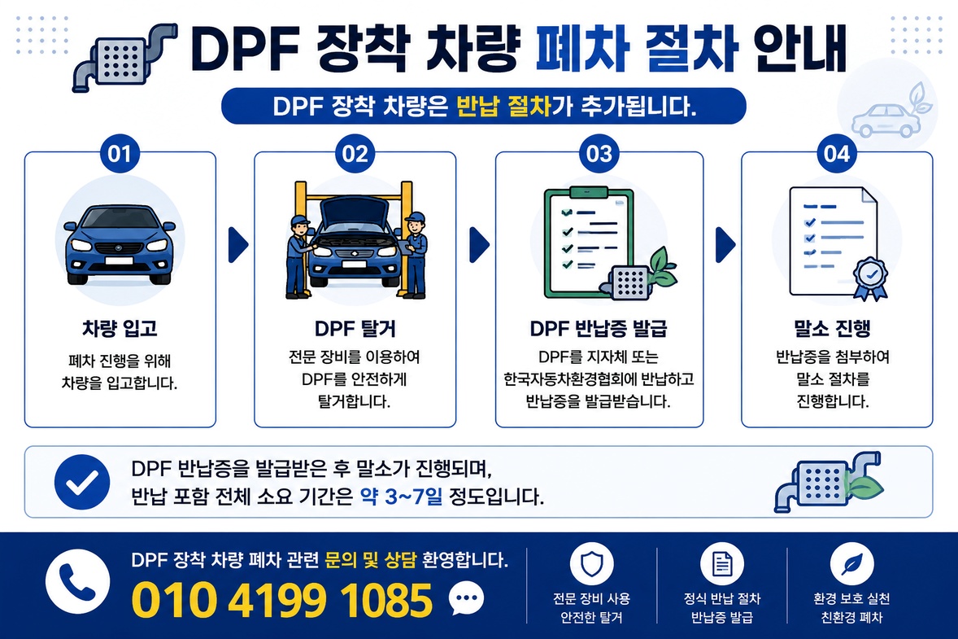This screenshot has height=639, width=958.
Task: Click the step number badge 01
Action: (120, 154)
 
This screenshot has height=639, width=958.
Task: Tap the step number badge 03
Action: (599, 154)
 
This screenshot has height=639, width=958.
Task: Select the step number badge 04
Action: (836, 154)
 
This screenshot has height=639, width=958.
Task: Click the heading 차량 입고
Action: (120, 328)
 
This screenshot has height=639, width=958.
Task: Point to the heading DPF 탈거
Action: (355, 328)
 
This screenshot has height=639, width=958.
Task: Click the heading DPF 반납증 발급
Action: (599, 328)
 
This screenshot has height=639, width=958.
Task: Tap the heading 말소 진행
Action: (832, 328)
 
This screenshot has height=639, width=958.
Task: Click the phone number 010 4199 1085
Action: (282, 600)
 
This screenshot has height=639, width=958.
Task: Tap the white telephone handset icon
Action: (77, 581)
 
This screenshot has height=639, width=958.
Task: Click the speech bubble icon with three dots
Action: (466, 599)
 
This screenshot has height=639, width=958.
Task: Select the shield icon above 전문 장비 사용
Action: (591, 564)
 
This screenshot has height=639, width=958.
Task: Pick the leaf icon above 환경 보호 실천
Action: (851, 564)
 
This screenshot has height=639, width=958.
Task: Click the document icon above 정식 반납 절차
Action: (721, 564)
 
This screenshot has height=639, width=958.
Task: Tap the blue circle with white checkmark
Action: (82, 482)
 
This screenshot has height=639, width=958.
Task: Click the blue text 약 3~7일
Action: (402, 496)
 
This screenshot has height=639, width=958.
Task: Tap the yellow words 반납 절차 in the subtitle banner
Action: (504, 107)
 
